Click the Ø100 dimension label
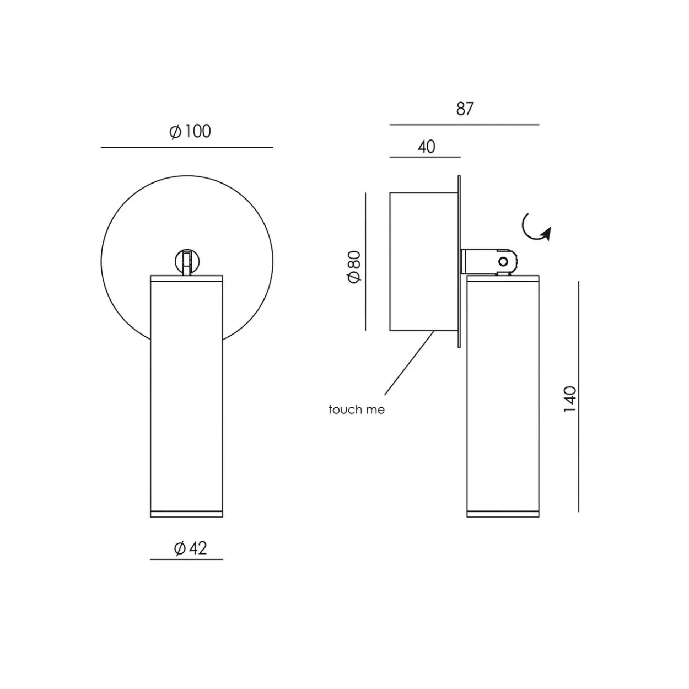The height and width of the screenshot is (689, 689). pyautogui.click(x=190, y=131)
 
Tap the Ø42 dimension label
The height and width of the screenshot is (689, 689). pyautogui.click(x=190, y=548)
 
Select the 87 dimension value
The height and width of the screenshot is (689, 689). pyautogui.click(x=465, y=109)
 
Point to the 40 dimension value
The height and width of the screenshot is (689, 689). pyautogui.click(x=426, y=147)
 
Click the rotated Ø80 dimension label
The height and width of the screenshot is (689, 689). pyautogui.click(x=354, y=267)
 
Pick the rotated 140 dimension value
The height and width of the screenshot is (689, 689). pyautogui.click(x=569, y=399)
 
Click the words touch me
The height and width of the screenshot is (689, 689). pyautogui.click(x=357, y=410)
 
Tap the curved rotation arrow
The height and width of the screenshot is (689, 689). pyautogui.click(x=535, y=229)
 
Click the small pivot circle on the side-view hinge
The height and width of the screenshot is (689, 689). pyautogui.click(x=503, y=262)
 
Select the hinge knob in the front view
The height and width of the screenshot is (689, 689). pyautogui.click(x=187, y=262)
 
